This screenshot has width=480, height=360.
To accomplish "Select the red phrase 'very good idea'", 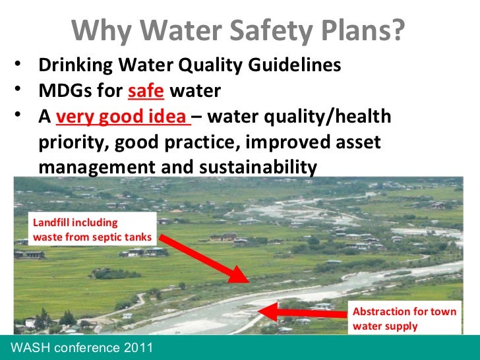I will [x=122, y=117].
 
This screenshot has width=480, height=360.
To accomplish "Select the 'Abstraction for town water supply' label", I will [x=405, y=318].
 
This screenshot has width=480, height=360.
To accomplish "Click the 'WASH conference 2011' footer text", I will [x=78, y=347].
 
